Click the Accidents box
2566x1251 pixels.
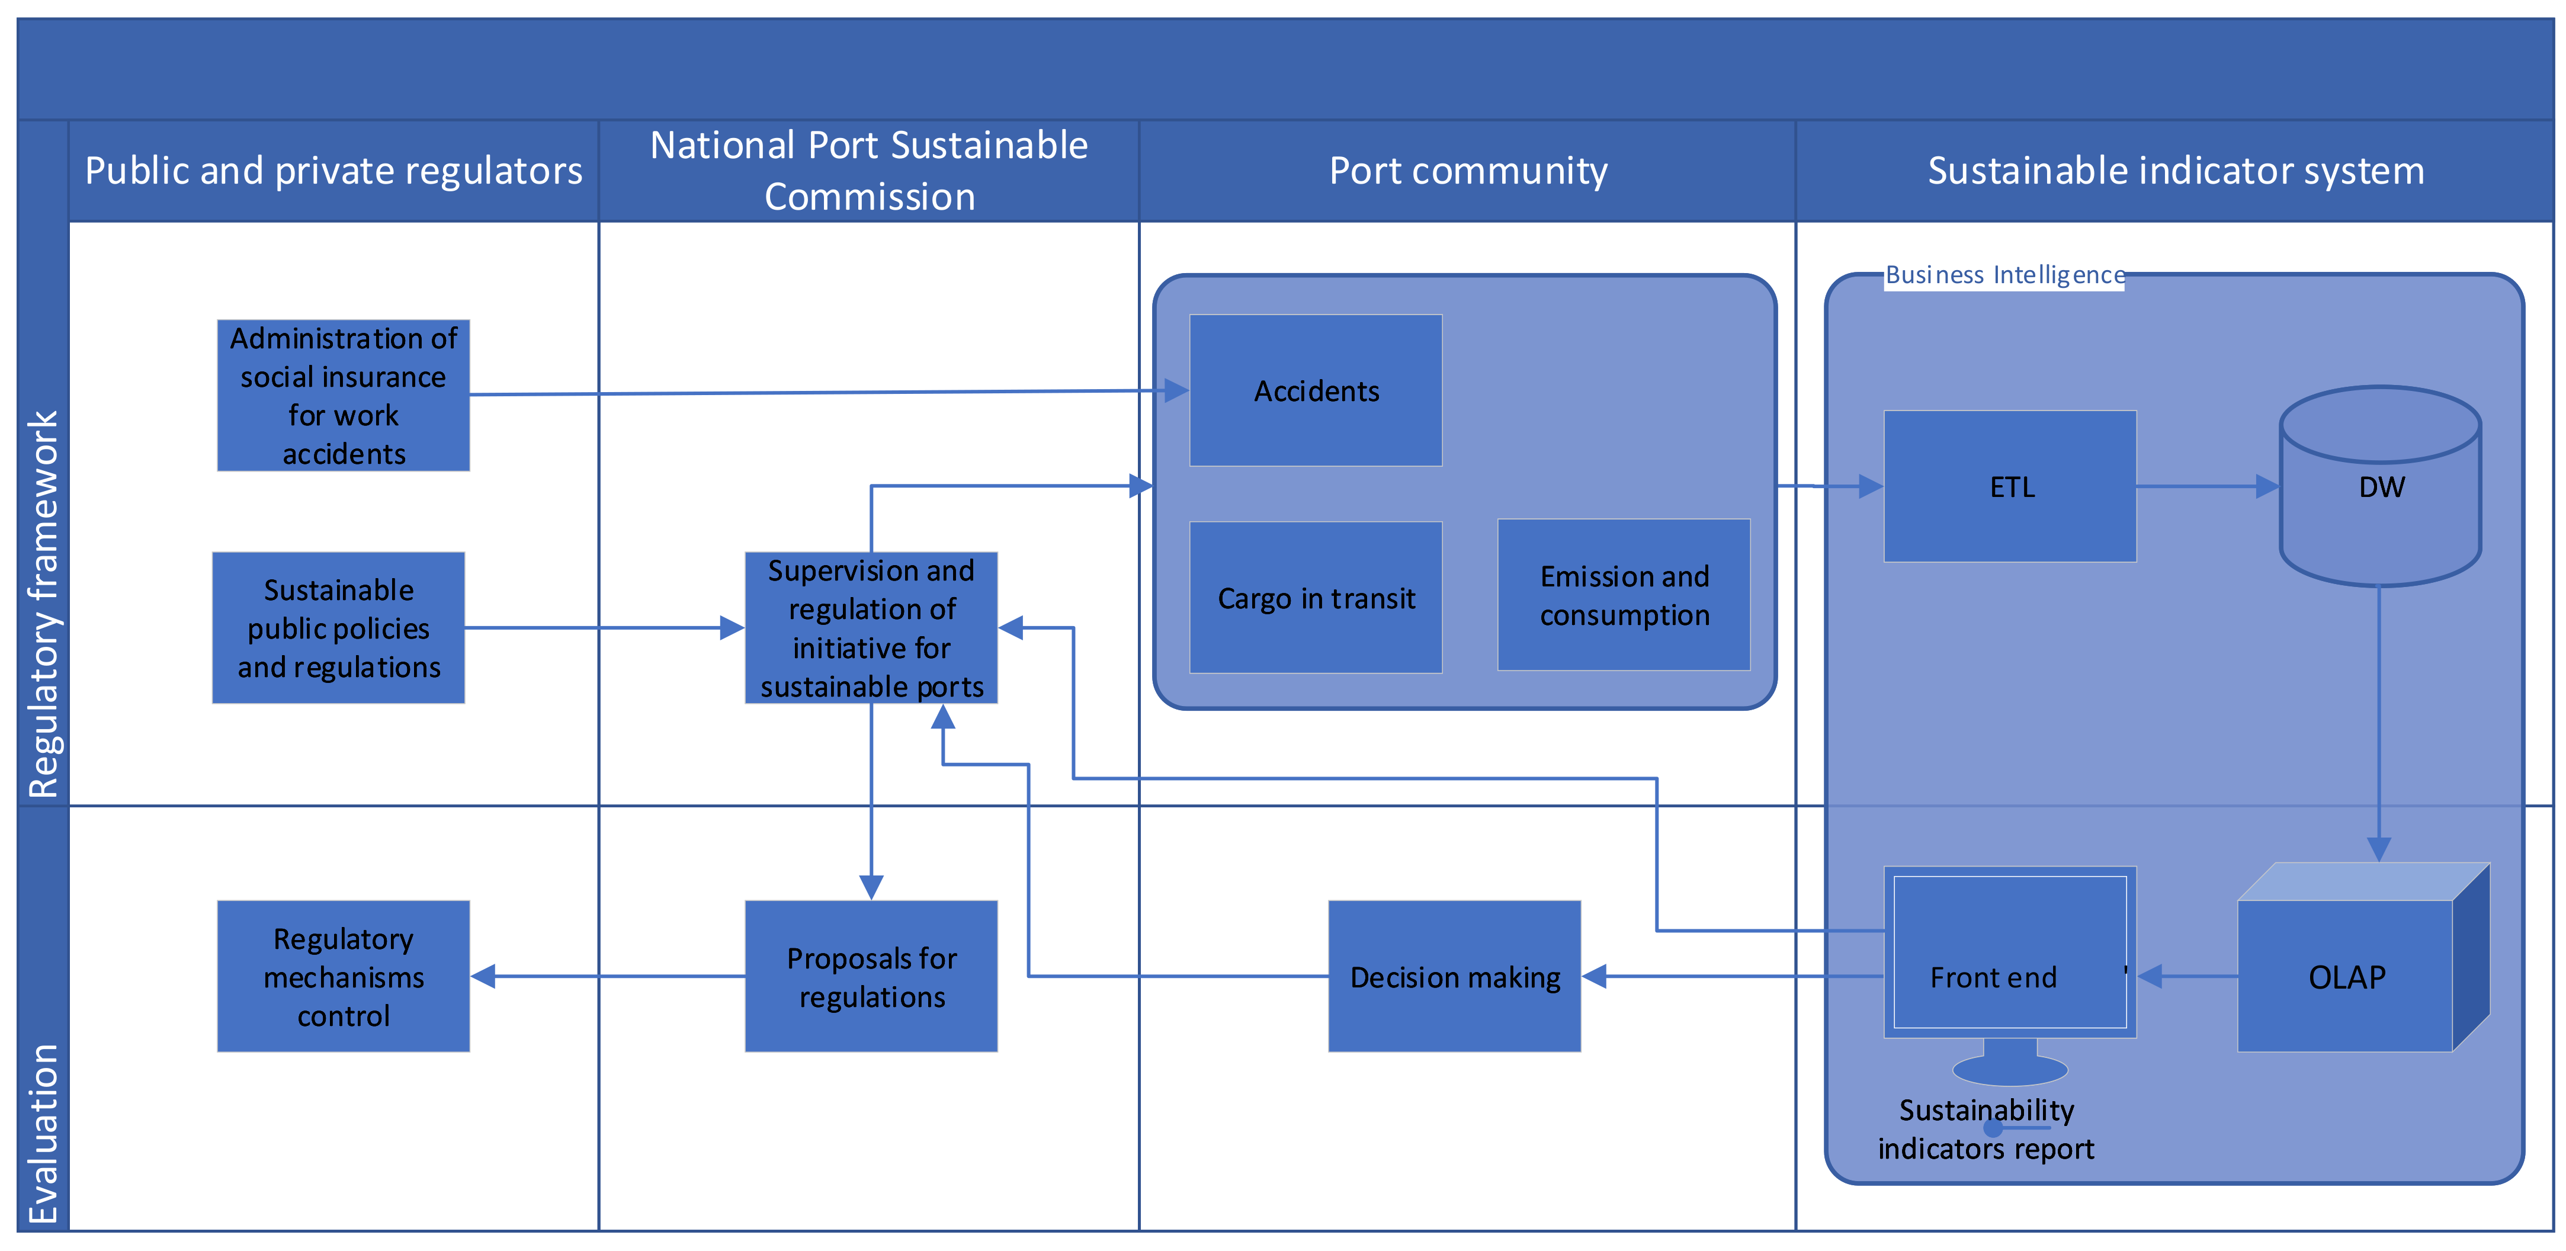1315,390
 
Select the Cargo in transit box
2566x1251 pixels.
1315,598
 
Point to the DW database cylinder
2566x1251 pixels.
2380,486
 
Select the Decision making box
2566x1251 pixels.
1454,976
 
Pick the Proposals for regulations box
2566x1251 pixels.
871,976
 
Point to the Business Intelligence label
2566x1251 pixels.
2004,275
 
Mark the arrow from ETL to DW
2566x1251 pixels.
2206,486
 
